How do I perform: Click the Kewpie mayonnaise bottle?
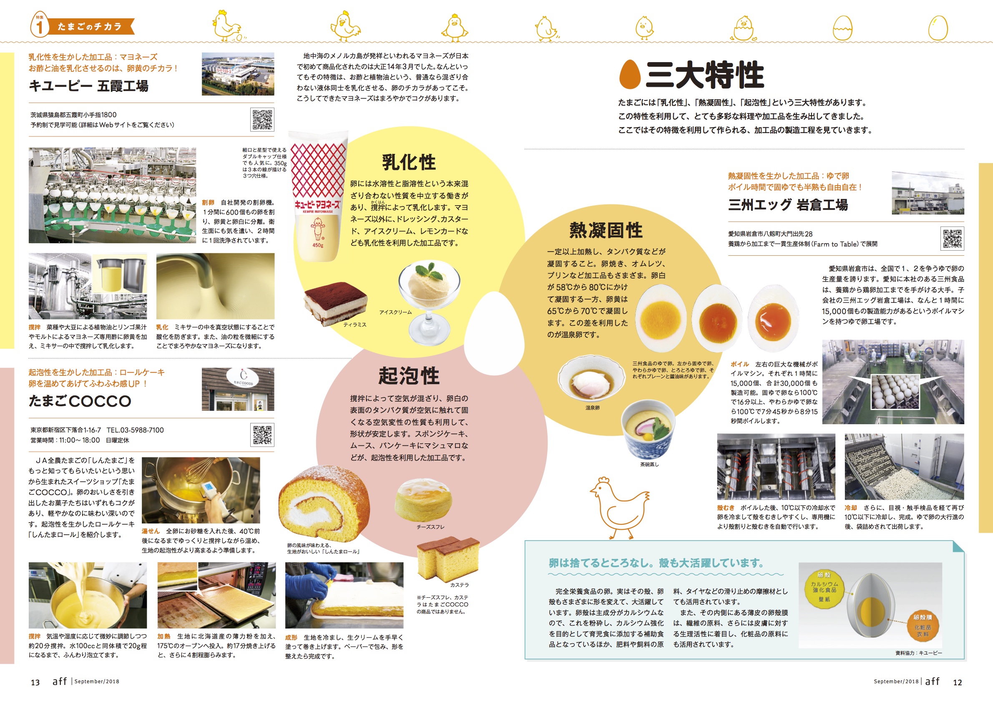pyautogui.click(x=318, y=197)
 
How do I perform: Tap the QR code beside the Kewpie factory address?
pyautogui.click(x=262, y=119)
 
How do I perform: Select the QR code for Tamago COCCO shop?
pyautogui.click(x=262, y=435)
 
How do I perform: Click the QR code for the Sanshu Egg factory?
pyautogui.click(x=953, y=238)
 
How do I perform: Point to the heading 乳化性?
pyautogui.click(x=409, y=163)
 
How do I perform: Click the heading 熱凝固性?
pyautogui.click(x=606, y=230)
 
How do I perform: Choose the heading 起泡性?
pyautogui.click(x=409, y=375)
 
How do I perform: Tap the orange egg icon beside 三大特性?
pyautogui.click(x=630, y=74)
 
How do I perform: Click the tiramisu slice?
pyautogui.click(x=336, y=303)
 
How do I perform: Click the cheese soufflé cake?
pyautogui.click(x=423, y=500)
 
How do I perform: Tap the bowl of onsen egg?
pyautogui.click(x=592, y=379)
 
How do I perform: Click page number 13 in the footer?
pyautogui.click(x=35, y=682)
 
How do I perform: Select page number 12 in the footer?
pyautogui.click(x=958, y=682)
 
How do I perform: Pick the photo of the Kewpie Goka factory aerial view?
pyautogui.click(x=238, y=74)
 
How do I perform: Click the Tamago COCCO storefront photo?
pyautogui.click(x=238, y=389)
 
